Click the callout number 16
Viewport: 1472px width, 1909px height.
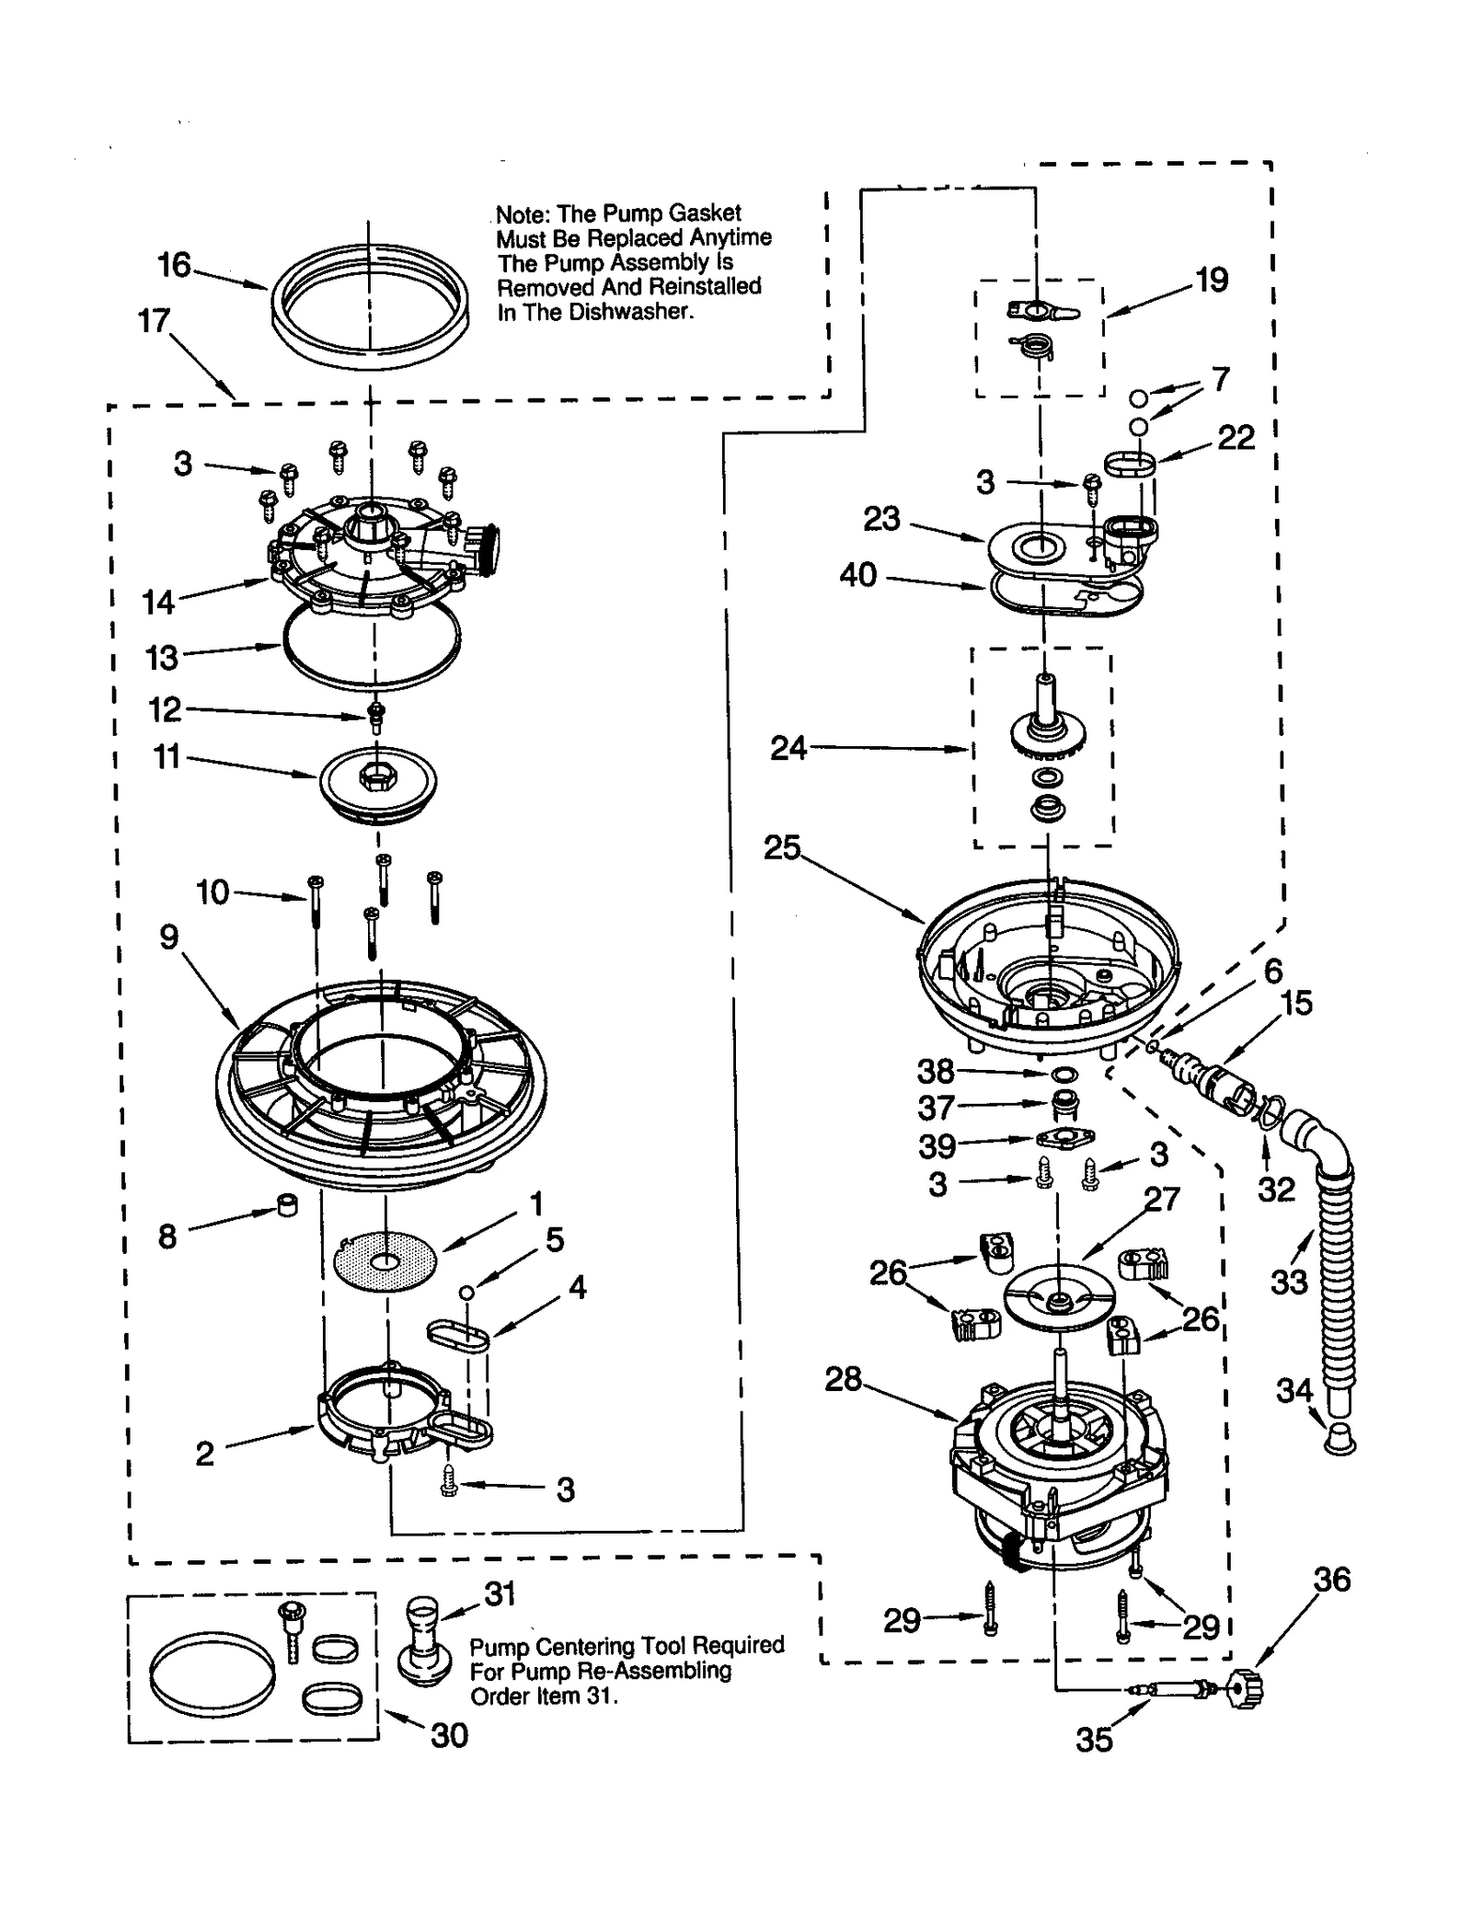coord(174,265)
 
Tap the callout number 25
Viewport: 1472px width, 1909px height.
coord(782,847)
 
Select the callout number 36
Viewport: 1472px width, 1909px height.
coord(1331,1580)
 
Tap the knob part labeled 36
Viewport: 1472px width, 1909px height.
coord(1247,1688)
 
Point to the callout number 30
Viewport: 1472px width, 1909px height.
coord(449,1735)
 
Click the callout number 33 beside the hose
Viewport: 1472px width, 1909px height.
coord(1288,1282)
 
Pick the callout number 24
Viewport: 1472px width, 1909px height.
coord(788,749)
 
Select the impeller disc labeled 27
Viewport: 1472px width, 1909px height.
coord(1058,1297)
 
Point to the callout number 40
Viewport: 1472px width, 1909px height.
coord(857,576)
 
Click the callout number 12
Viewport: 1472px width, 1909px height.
coord(166,709)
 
